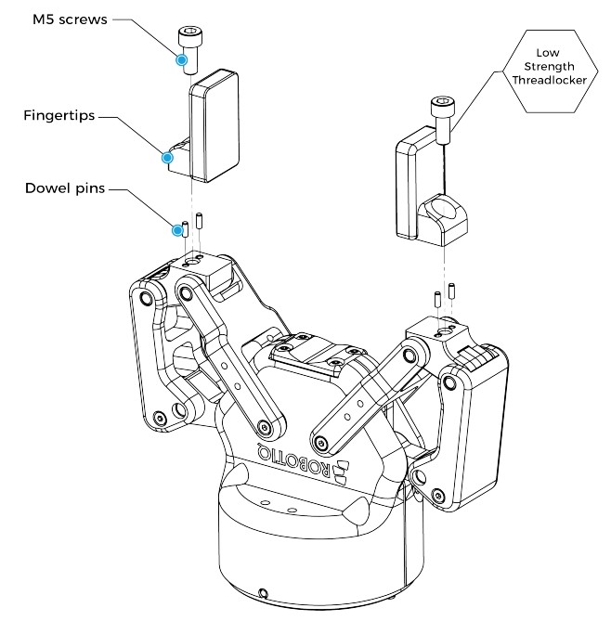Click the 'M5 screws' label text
[70, 19]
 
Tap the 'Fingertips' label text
[59, 116]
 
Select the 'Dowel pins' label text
[65, 188]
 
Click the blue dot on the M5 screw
[182, 59]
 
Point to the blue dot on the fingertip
[168, 158]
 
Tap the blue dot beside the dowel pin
[177, 230]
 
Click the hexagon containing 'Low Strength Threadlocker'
[550, 71]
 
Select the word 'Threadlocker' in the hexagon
[550, 80]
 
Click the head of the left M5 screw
[192, 37]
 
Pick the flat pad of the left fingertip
[215, 126]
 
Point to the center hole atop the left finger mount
[192, 262]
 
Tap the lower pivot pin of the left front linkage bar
[265, 427]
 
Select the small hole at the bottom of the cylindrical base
[262, 594]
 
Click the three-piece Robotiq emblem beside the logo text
[341, 472]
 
